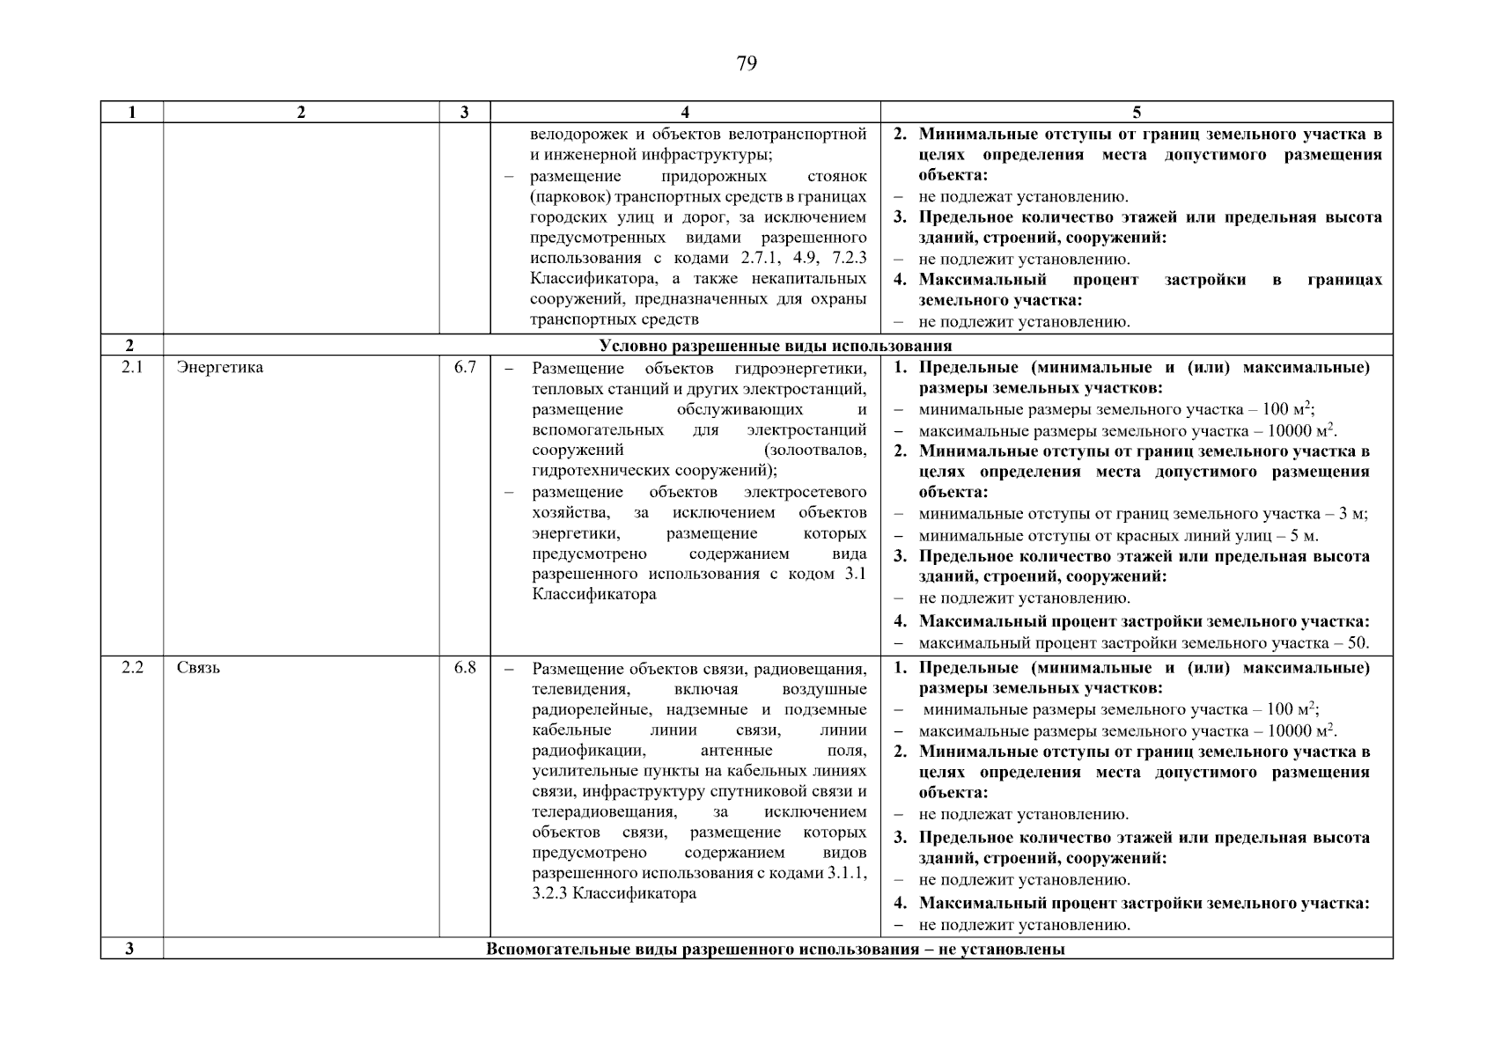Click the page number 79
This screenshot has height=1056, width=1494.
click(x=746, y=63)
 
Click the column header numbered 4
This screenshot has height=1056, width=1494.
click(x=685, y=112)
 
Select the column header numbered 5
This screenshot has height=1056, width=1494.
click(x=1136, y=112)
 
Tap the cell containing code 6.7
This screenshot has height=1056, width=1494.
click(x=465, y=367)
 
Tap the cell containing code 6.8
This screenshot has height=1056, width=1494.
click(x=465, y=667)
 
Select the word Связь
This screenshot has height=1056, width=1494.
click(x=199, y=667)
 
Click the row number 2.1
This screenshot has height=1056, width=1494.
click(x=132, y=367)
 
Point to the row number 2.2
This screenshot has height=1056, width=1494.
click(x=132, y=667)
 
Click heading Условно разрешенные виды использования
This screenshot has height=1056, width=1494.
click(x=775, y=346)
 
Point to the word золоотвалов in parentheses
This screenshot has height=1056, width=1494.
click(x=817, y=451)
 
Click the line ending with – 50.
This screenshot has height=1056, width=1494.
click(x=1144, y=642)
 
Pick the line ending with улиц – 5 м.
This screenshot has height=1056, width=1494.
click(x=1118, y=535)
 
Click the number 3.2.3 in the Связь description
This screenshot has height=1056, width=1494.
click(x=552, y=893)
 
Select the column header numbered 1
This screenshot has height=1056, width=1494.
click(x=132, y=112)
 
